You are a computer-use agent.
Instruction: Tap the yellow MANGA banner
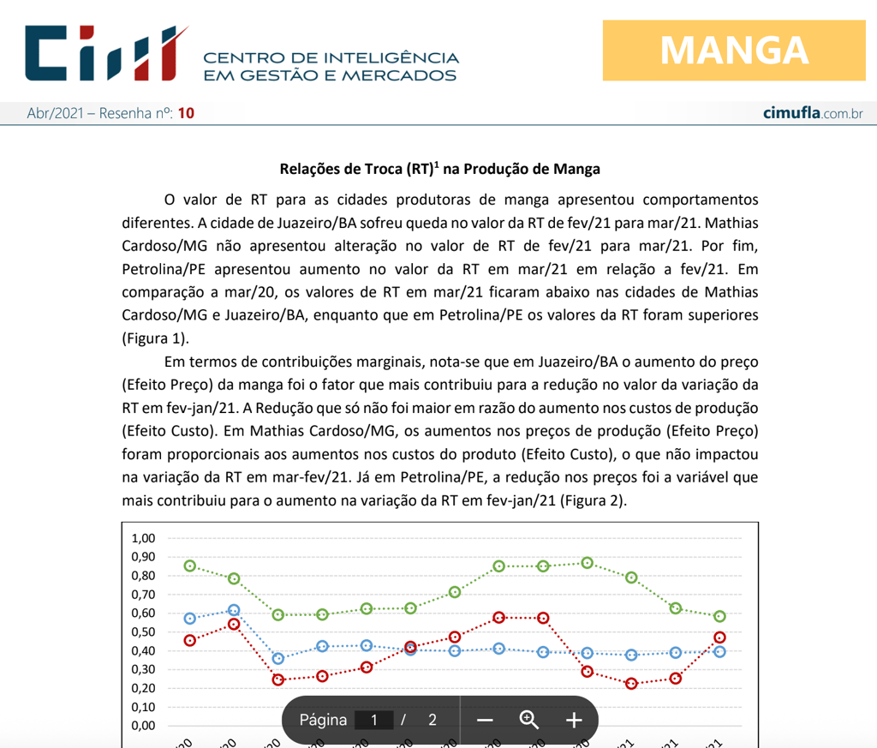coord(734,51)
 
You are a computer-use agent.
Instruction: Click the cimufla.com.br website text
coord(813,113)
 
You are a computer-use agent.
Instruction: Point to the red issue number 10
coord(187,113)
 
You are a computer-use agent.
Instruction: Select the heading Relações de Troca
coord(440,169)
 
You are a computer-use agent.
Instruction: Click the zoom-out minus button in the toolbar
coord(485,720)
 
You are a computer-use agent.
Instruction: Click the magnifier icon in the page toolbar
coord(529,720)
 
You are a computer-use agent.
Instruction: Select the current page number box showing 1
coord(374,720)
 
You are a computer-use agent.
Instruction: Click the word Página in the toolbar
coord(323,720)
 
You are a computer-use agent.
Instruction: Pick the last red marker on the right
coord(719,637)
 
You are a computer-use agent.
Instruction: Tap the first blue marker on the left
coord(190,619)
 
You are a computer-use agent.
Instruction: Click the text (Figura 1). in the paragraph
coord(156,337)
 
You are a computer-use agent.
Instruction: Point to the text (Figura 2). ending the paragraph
coord(593,500)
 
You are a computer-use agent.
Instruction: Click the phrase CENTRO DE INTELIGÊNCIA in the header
coord(331,57)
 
